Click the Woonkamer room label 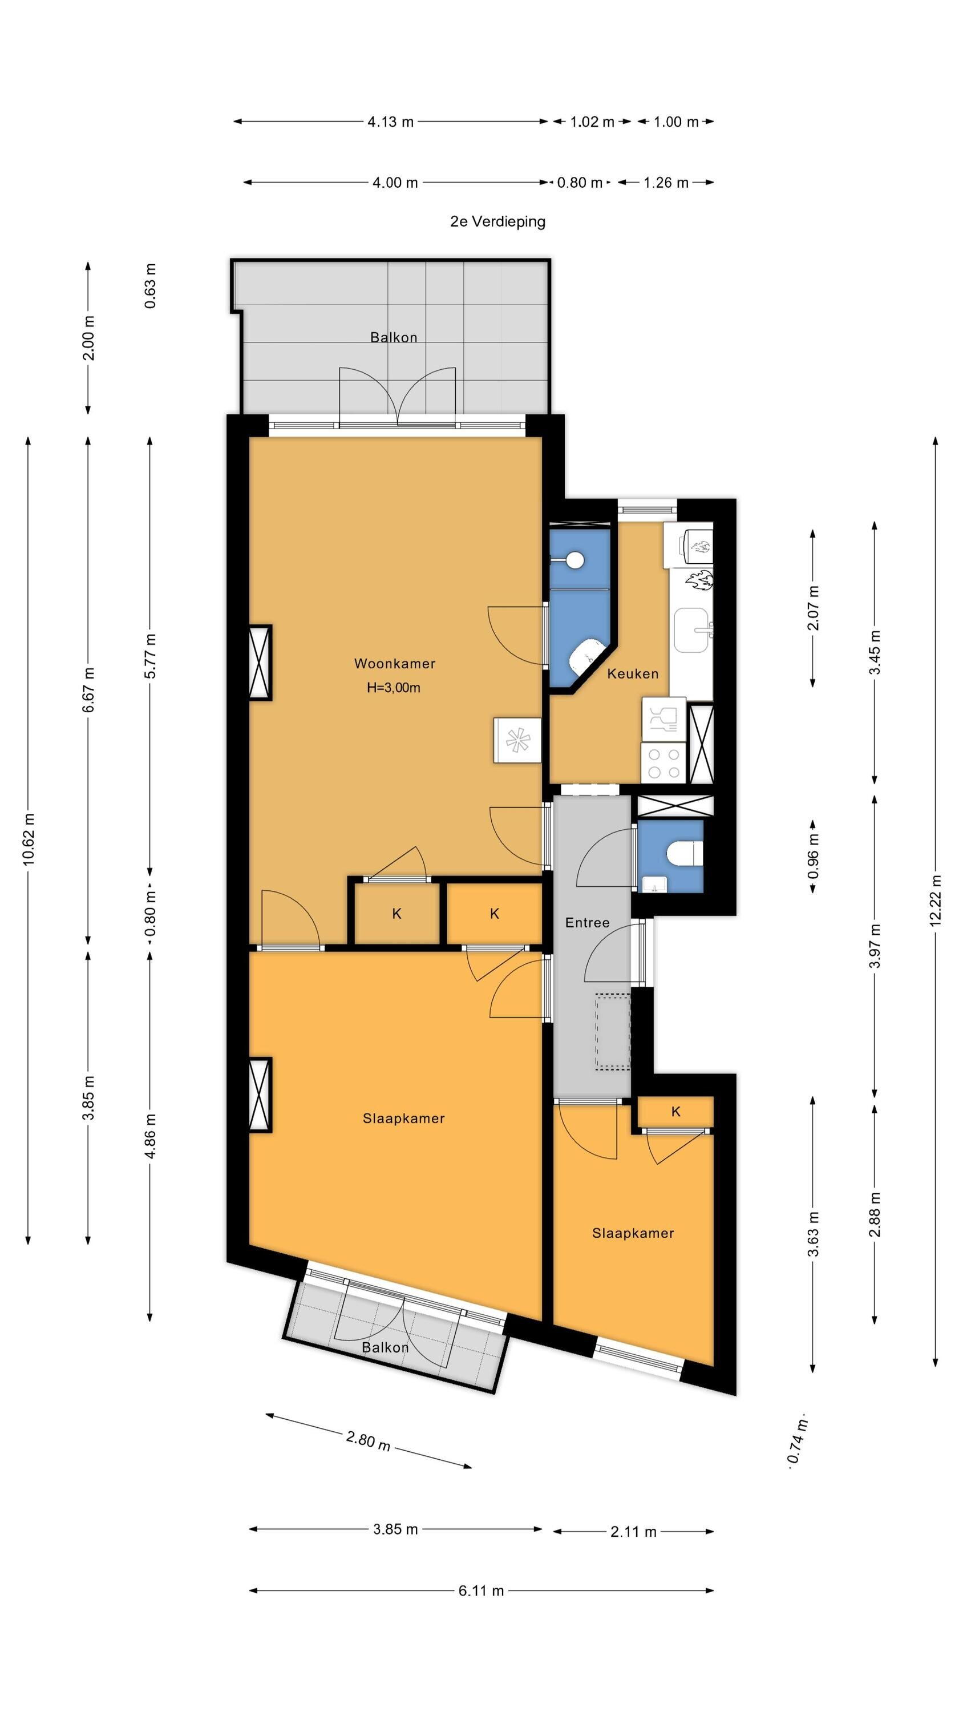[394, 663]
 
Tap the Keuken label [633, 673]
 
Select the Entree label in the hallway [587, 922]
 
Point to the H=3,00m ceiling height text [394, 688]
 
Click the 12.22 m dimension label [935, 900]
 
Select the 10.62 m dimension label [28, 839]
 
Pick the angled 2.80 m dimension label [367, 1441]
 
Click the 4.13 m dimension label [390, 122]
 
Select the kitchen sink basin [693, 631]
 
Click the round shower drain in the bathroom [576, 560]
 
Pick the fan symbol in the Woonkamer [516, 740]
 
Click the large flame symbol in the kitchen [700, 580]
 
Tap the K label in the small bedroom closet [675, 1111]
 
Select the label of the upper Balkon [394, 338]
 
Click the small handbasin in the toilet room [654, 883]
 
